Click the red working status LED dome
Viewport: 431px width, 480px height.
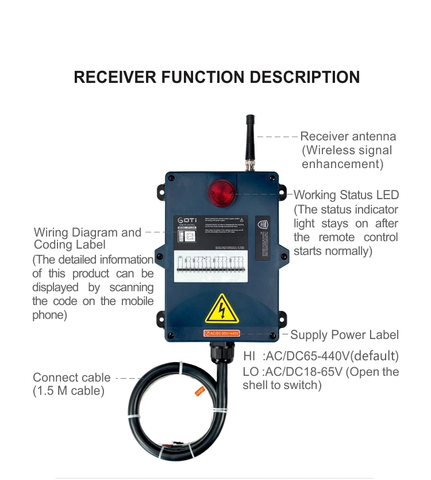tap(221, 191)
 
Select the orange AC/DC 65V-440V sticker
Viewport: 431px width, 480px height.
tap(222, 334)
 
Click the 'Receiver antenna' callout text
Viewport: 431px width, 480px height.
tap(348, 136)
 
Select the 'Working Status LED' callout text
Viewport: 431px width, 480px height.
tap(346, 195)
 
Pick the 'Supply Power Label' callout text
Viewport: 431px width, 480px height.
tap(344, 335)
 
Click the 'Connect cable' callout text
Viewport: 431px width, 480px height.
tap(72, 378)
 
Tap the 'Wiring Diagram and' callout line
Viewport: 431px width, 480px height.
tap(87, 233)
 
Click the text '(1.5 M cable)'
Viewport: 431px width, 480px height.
tap(68, 391)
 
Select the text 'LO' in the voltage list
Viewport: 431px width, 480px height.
tap(251, 372)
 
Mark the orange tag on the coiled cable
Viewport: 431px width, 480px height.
tap(200, 391)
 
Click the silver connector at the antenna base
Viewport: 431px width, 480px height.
tap(251, 166)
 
